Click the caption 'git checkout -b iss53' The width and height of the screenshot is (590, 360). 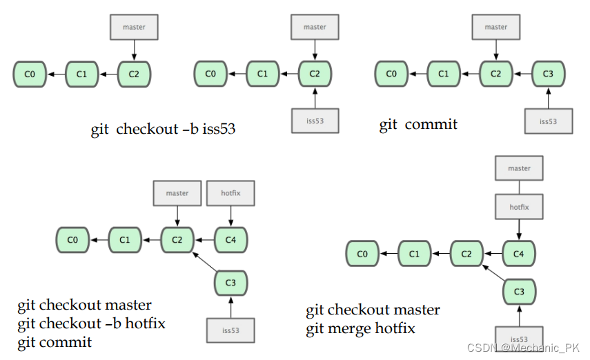(x=163, y=129)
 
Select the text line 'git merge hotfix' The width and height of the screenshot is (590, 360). (x=361, y=328)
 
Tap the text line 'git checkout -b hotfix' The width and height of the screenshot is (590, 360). (x=92, y=323)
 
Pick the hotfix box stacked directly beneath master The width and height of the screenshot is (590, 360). (x=519, y=206)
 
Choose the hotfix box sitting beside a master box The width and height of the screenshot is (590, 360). (x=230, y=193)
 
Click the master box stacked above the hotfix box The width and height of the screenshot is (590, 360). (x=519, y=168)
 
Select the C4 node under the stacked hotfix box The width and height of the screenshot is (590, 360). (x=519, y=254)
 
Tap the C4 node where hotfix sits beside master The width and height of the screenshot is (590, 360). (x=230, y=240)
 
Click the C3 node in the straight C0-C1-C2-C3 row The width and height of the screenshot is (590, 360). (x=548, y=74)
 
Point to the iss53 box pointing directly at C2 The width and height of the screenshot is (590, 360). (x=315, y=121)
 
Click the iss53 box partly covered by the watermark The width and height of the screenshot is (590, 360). (x=519, y=337)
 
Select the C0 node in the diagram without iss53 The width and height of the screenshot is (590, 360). (x=30, y=74)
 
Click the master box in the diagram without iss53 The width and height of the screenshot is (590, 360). (x=134, y=27)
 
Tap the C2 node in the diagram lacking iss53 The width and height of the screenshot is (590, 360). (x=134, y=74)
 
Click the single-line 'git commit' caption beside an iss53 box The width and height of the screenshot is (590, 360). (x=418, y=125)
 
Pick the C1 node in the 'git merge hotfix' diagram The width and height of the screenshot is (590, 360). (x=414, y=254)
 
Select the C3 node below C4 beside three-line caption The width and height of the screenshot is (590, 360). (x=230, y=283)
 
